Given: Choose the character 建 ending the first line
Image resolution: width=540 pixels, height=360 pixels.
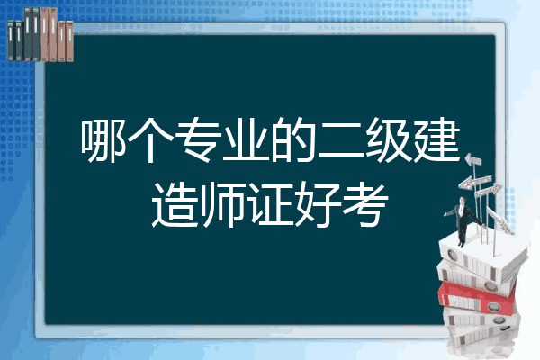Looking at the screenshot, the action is [436, 139].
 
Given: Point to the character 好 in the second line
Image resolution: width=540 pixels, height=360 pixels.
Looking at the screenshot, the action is [318, 204].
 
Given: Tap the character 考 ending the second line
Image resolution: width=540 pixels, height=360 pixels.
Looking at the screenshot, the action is [365, 204].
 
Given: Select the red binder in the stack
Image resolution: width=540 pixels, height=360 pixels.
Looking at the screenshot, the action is [477, 297].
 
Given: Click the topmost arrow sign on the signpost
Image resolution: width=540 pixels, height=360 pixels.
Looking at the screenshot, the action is [473, 160].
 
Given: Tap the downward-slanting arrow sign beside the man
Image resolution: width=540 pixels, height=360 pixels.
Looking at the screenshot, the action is [499, 220].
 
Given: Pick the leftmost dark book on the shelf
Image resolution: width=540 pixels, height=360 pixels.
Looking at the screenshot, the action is [11, 40].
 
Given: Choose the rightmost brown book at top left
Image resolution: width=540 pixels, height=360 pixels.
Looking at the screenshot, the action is [69, 41].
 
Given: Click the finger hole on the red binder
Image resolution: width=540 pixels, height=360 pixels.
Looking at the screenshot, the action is [493, 306].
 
